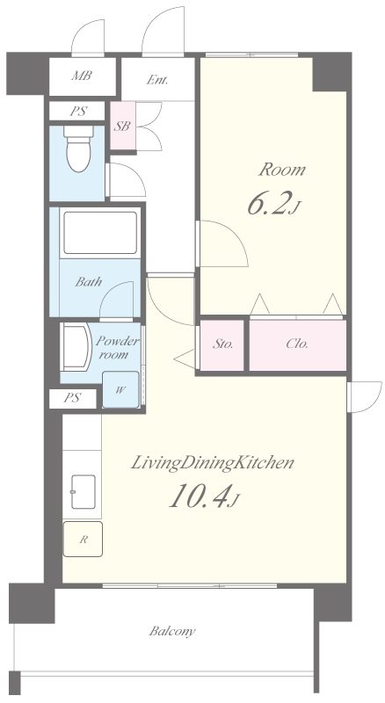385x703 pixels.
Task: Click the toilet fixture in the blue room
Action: (78, 149)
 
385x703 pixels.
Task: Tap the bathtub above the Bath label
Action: (100, 233)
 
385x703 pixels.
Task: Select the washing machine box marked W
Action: (120, 389)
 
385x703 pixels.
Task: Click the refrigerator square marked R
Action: (83, 540)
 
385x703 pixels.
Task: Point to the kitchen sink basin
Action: (83, 492)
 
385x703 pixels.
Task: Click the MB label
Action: (82, 76)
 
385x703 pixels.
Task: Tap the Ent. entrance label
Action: (157, 80)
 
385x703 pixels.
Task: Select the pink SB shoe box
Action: (123, 126)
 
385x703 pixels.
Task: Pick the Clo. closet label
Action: (297, 344)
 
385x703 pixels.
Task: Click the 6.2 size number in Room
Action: (269, 203)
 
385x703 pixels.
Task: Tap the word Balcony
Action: (172, 632)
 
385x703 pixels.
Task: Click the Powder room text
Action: (117, 347)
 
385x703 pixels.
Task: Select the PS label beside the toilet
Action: (78, 112)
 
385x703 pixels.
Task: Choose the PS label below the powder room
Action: (72, 398)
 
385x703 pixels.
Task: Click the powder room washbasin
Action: (76, 347)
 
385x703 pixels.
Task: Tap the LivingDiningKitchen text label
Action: (212, 464)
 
